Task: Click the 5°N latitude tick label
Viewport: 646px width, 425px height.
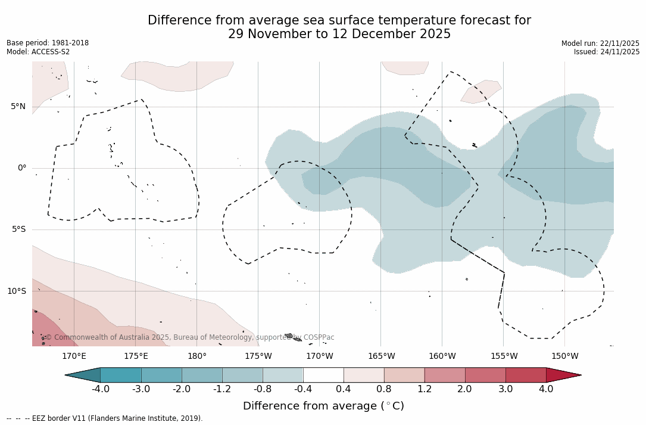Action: point(18,107)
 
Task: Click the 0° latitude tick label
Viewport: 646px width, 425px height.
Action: point(21,168)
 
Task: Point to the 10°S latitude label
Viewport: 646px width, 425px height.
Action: point(16,291)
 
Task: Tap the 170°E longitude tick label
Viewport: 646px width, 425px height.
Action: point(74,356)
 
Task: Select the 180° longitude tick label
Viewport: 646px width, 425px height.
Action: point(197,356)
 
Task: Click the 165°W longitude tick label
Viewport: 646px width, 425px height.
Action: point(381,356)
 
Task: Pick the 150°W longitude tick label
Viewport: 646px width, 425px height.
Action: point(564,356)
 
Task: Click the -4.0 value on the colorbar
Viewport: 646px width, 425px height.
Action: point(100,389)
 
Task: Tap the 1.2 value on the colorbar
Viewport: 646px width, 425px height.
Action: point(425,389)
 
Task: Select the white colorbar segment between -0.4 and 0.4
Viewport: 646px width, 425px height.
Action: point(323,375)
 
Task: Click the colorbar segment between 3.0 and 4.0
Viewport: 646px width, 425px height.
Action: point(526,375)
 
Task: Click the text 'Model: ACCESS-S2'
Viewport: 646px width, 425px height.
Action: point(38,52)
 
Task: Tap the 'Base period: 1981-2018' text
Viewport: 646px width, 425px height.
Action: point(48,43)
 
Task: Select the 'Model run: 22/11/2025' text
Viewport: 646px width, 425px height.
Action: point(600,44)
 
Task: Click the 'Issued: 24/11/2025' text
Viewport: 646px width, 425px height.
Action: point(607,52)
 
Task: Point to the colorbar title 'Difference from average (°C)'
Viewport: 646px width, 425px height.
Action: point(323,406)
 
